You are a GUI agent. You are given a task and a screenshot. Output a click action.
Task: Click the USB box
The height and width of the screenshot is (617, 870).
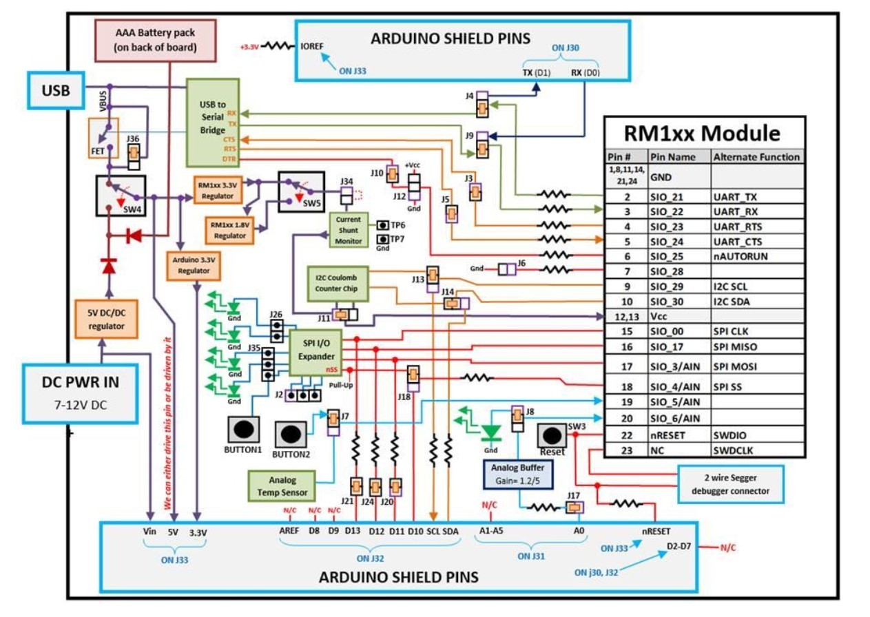tap(55, 90)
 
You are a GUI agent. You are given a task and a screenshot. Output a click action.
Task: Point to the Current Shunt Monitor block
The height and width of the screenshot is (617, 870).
tap(349, 229)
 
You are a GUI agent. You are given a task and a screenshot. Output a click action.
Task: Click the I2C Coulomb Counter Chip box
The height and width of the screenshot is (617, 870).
tap(338, 284)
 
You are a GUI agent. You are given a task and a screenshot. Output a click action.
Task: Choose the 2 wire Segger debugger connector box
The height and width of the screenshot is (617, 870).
tap(731, 485)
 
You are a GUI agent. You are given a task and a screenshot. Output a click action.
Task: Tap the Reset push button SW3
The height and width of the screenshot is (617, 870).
tap(552, 436)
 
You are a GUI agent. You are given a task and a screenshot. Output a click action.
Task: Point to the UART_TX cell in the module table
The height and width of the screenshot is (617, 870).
tap(756, 196)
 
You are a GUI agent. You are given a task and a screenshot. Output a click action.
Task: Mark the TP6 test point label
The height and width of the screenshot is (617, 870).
tap(397, 225)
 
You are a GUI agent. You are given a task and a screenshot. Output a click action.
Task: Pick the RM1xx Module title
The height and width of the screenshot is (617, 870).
tap(703, 132)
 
